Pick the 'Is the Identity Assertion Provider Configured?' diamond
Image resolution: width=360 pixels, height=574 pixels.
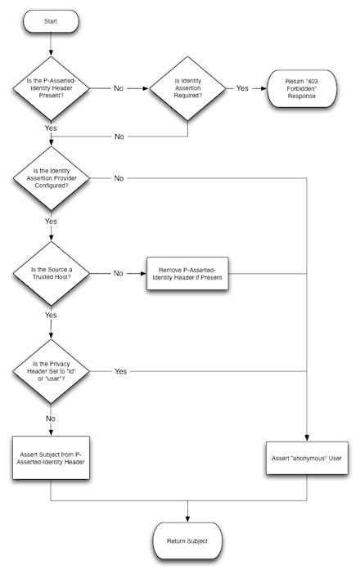click(x=51, y=177)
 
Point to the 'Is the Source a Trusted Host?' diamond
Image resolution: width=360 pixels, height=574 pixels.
click(x=51, y=274)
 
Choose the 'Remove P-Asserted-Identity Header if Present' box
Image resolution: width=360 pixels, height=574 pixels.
click(x=189, y=274)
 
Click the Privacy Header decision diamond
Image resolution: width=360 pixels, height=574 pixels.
click(x=51, y=371)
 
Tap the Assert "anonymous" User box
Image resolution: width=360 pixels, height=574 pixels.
click(x=307, y=458)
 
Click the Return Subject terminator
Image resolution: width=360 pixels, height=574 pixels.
click(x=188, y=540)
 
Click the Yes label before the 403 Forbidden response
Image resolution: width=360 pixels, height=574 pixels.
click(x=242, y=87)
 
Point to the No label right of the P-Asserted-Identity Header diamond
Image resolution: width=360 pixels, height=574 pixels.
click(x=118, y=87)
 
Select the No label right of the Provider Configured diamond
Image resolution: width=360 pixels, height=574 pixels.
click(x=119, y=177)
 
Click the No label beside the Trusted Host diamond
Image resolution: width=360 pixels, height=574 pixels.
click(x=118, y=274)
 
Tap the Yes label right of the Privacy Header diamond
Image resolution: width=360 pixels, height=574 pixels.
click(x=119, y=371)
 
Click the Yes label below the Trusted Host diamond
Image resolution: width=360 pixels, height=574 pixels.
click(x=51, y=314)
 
